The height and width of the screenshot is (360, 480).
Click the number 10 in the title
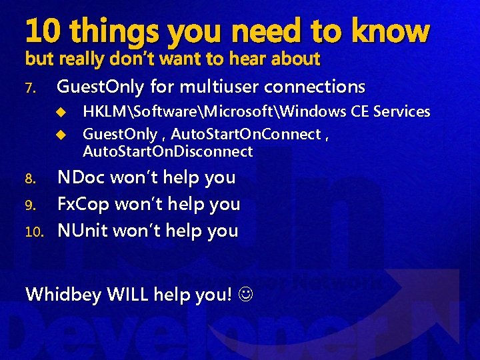point(43,31)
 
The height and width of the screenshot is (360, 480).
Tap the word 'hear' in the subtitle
point(247,59)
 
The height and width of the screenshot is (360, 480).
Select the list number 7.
point(31,88)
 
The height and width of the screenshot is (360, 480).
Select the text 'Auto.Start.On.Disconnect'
point(167,151)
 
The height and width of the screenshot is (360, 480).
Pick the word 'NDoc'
point(83,177)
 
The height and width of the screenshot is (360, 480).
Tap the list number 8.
point(31,179)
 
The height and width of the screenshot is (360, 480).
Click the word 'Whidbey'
point(63,294)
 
